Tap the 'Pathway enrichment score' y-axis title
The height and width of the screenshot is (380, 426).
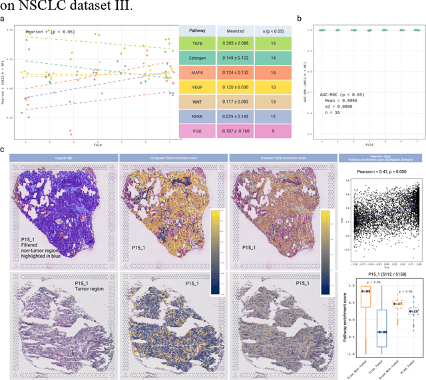[344, 320]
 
